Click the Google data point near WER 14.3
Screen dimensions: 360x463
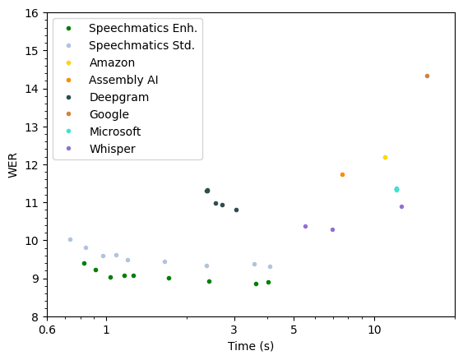427,76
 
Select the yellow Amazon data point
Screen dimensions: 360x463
385,157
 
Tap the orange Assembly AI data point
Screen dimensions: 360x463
342,174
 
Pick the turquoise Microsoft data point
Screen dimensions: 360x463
396,189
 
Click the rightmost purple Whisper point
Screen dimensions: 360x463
401,206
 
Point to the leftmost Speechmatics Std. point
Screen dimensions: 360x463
70,239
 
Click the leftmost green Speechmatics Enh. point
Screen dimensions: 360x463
84,263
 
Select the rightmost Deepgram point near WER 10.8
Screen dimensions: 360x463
236,210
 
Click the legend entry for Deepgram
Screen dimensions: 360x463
120,97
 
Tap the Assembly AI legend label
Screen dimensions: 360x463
123,80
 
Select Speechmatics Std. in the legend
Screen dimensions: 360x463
141,45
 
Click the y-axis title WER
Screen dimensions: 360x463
13,164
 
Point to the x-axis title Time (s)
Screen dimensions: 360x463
251,346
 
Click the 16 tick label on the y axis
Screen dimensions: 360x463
30,13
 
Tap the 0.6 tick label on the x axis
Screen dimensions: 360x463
47,330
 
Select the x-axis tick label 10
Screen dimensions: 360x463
374,330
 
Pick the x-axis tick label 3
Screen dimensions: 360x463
234,330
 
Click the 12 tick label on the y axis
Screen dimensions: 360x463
30,164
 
